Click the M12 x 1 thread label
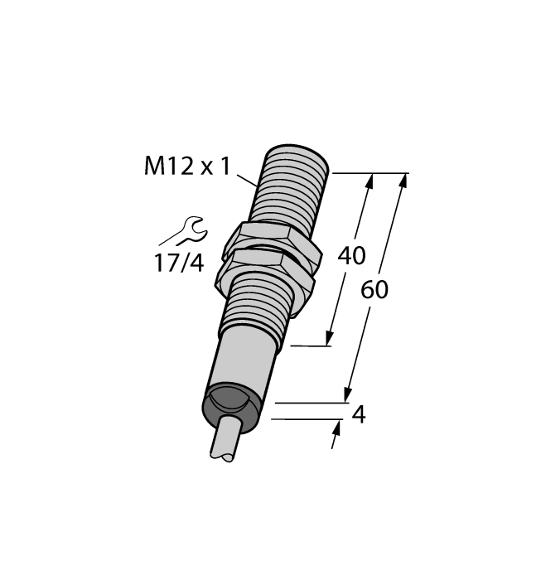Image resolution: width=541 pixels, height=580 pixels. click(186, 167)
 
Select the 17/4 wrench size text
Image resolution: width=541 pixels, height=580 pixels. click(178, 263)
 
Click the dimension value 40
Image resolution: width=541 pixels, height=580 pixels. click(351, 256)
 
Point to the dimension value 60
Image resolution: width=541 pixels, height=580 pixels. click(374, 290)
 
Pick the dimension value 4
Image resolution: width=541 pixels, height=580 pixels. click(359, 414)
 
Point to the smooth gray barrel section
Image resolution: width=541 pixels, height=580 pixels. click(244, 365)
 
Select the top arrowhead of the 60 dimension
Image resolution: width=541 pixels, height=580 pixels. click(404, 181)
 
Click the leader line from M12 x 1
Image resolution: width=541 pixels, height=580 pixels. click(248, 178)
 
